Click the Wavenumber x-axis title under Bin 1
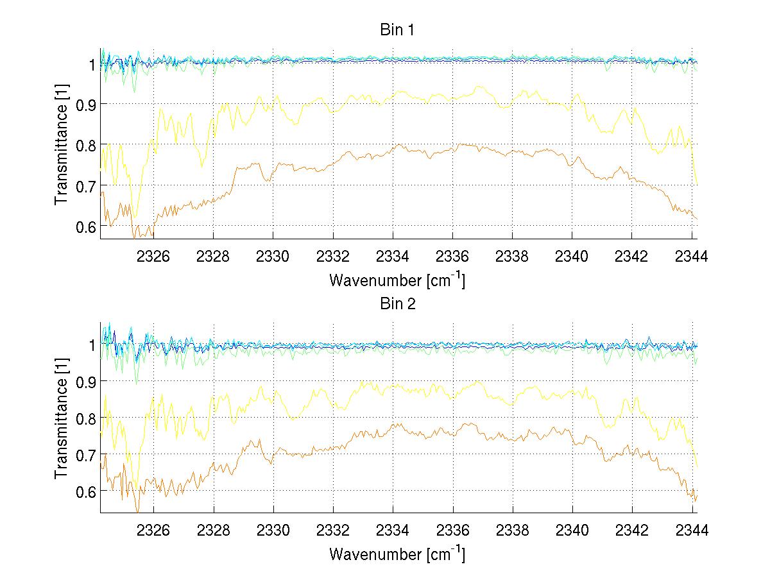[397, 280]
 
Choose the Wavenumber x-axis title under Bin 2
[397, 554]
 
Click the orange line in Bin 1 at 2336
[453, 146]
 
